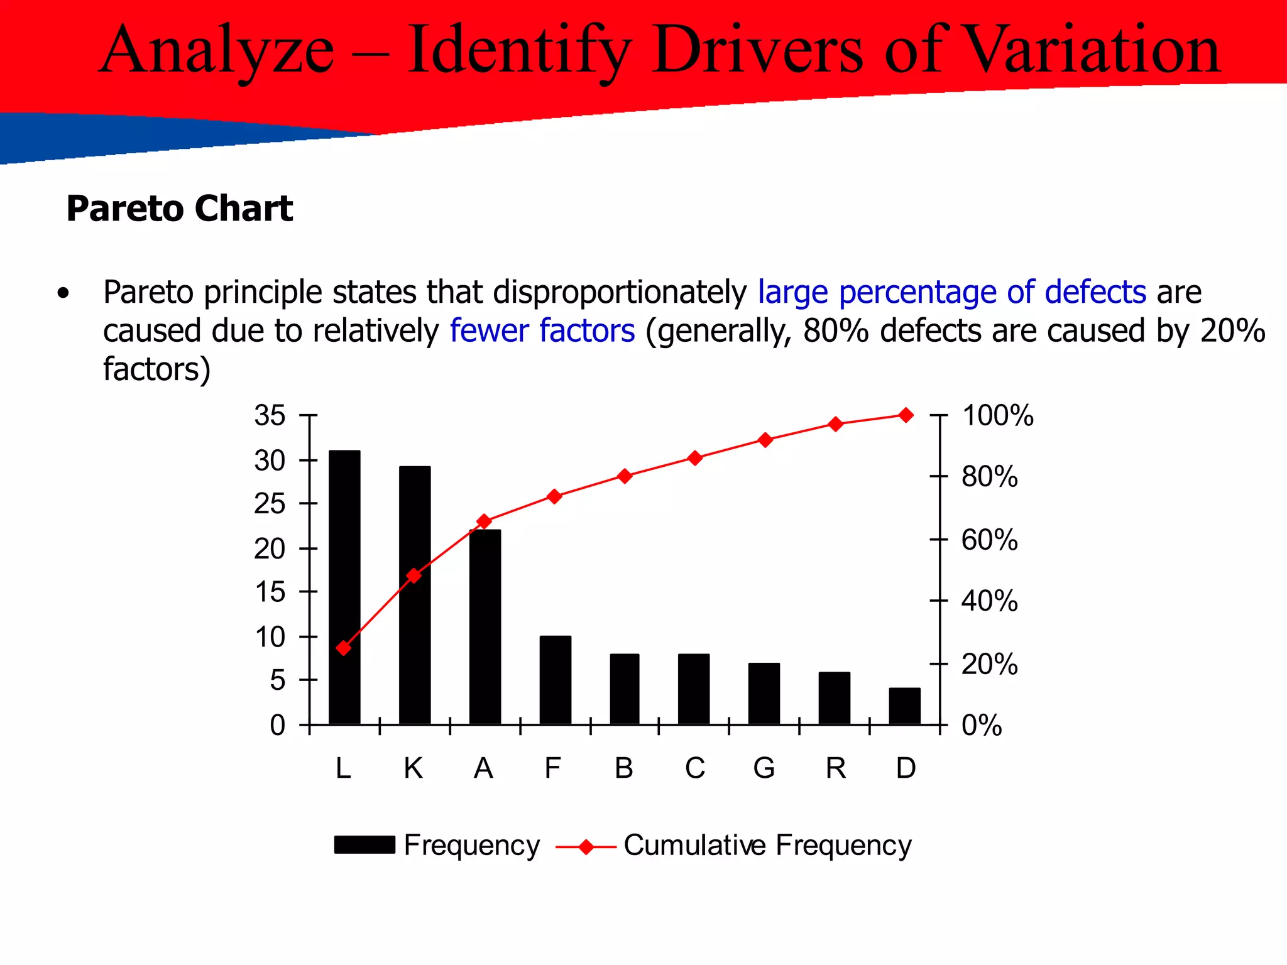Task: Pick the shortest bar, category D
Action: [x=905, y=706]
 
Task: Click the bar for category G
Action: [x=764, y=694]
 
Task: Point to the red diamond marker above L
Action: [x=343, y=648]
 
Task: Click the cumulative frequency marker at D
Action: [x=906, y=415]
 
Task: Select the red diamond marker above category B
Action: [x=624, y=476]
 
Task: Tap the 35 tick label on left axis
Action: [x=270, y=415]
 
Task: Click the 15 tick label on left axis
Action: [x=270, y=592]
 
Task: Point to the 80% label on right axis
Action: [x=989, y=477]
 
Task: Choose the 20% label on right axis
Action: [x=989, y=664]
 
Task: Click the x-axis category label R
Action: [x=835, y=768]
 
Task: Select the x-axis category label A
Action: [x=483, y=768]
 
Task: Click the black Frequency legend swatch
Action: [x=364, y=845]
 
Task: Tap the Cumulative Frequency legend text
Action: [x=767, y=845]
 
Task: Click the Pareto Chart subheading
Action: [x=180, y=209]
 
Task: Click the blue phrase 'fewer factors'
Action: [x=542, y=330]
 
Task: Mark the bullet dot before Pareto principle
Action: [x=62, y=293]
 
